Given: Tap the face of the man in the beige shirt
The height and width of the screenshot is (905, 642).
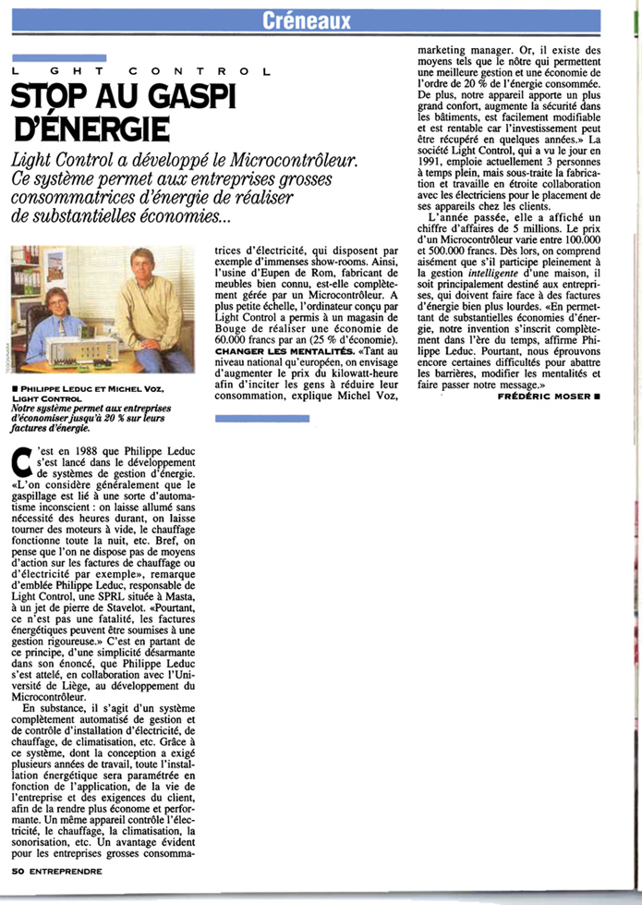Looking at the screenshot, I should pyautogui.click(x=142, y=269).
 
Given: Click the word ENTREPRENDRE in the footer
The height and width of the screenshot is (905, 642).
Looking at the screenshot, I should pyautogui.click(x=66, y=870).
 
